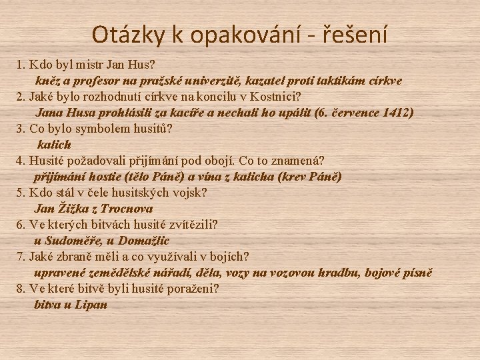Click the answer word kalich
click(x=54, y=145)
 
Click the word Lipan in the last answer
click(x=91, y=305)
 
